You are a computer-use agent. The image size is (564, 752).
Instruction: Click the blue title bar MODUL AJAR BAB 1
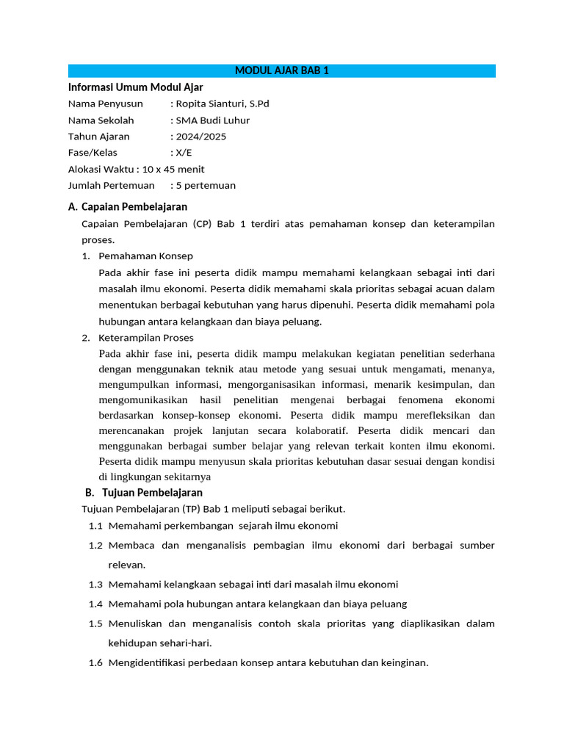point(282,70)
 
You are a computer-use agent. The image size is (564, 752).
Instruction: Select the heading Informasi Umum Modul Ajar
point(135,87)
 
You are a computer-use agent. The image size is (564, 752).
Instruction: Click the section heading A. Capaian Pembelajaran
point(128,207)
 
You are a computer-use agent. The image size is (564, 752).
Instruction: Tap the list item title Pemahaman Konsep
point(145,256)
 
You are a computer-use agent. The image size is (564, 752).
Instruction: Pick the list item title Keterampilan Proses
point(146,338)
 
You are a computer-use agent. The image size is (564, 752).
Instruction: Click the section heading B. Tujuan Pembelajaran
point(143,492)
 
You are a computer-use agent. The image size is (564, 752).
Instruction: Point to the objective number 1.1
point(95,526)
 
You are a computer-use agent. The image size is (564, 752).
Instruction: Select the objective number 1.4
point(95,604)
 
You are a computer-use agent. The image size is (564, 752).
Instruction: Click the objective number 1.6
point(95,662)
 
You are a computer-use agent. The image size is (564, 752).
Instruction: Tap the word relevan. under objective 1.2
point(127,565)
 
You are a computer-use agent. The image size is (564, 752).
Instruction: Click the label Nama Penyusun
point(106,104)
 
